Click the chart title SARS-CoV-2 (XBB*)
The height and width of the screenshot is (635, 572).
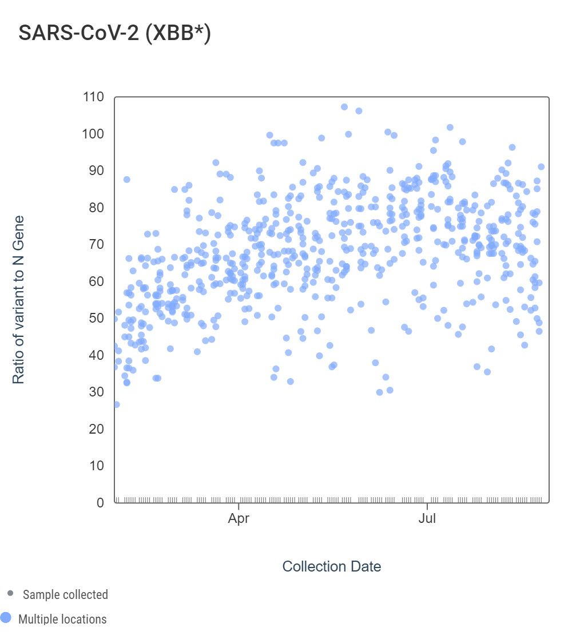click(x=115, y=33)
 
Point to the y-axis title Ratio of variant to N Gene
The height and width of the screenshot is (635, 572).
click(x=19, y=300)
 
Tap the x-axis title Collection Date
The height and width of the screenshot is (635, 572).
click(x=331, y=566)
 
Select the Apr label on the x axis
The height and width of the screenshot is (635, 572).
click(x=239, y=519)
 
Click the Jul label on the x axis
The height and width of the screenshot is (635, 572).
click(x=427, y=519)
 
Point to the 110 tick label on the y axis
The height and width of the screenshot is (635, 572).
click(x=93, y=97)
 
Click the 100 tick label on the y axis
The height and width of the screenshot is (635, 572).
click(x=93, y=134)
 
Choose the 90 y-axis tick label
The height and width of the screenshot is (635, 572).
click(x=96, y=171)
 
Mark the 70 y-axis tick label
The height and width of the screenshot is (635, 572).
click(x=96, y=245)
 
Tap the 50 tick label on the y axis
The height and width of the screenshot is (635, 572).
click(x=96, y=319)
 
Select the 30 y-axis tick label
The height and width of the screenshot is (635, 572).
click(x=96, y=392)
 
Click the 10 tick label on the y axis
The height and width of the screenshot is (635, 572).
click(x=96, y=466)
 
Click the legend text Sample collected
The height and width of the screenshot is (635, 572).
click(x=65, y=595)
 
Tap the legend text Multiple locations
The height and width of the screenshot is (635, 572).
click(x=62, y=619)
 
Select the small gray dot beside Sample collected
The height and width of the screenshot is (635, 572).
click(x=10, y=594)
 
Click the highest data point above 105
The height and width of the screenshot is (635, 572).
click(x=344, y=107)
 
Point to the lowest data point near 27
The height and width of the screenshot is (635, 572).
click(x=116, y=404)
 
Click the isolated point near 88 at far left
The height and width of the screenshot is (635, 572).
click(x=127, y=180)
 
